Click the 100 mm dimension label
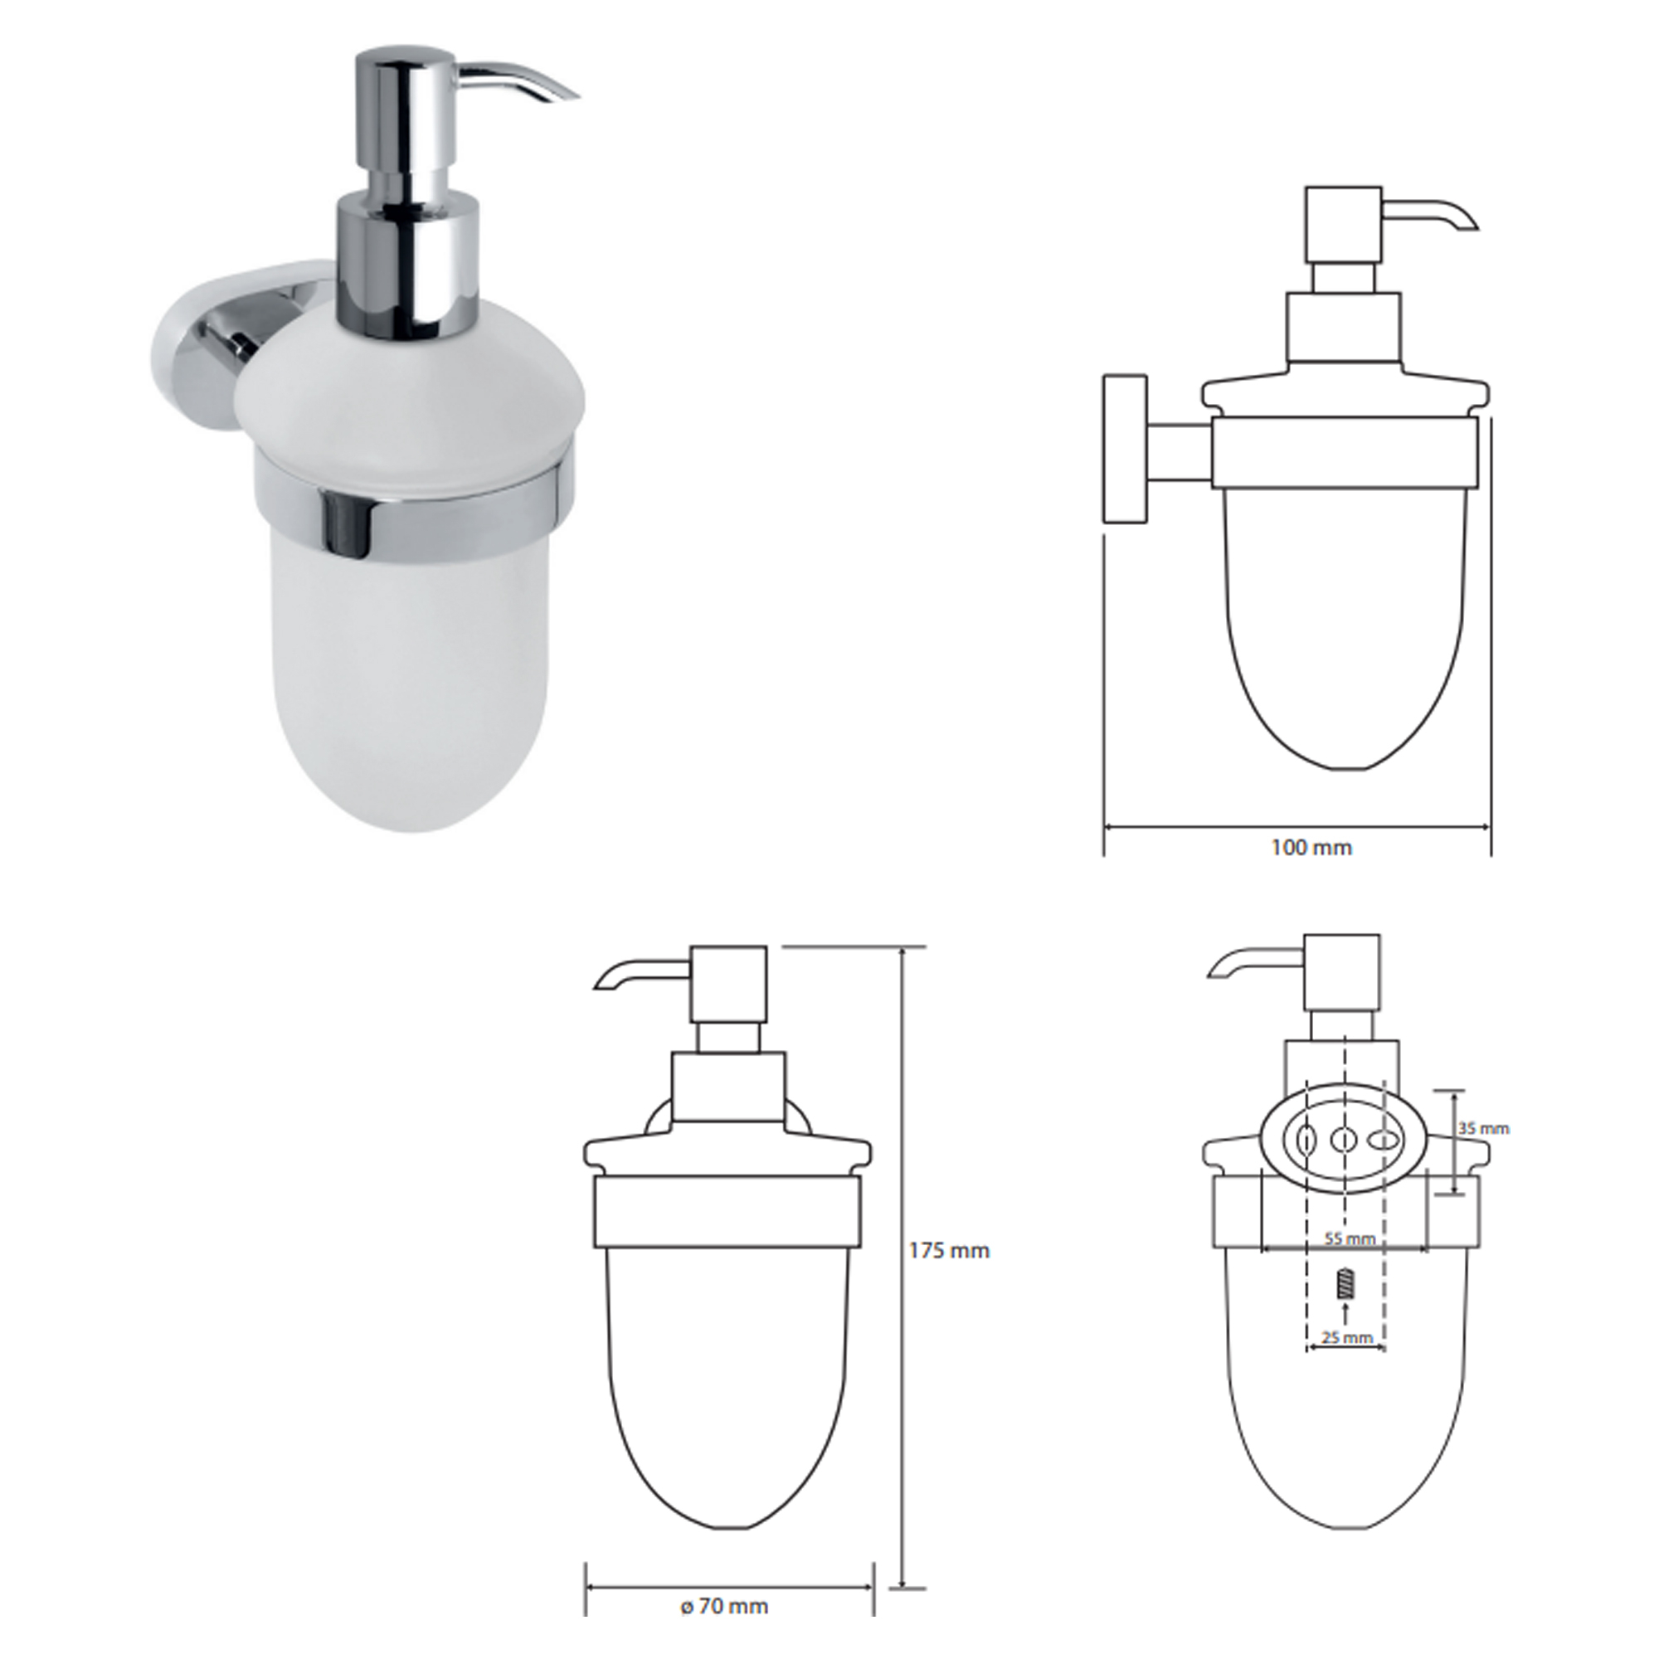[1311, 848]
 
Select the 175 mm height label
[949, 1251]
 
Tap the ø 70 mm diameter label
[724, 1606]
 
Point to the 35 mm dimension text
[1483, 1128]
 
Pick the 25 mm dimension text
[1346, 1361]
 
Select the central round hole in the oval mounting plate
[1343, 1141]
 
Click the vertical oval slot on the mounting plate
[1305, 1141]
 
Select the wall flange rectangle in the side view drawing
[1125, 447]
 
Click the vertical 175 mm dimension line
[902, 1245]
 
